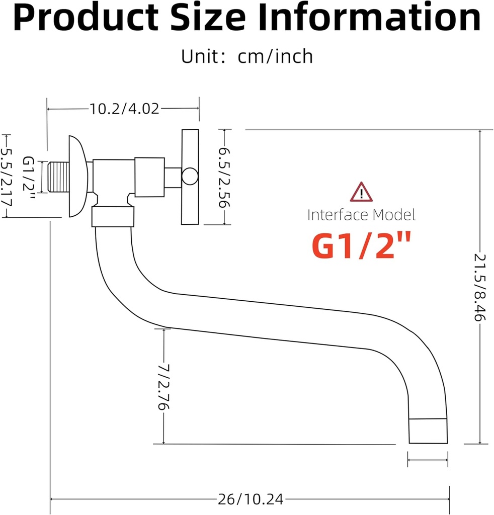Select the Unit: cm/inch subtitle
click(x=247, y=56)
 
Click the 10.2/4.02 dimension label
click(x=124, y=108)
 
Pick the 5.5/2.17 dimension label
click(x=7, y=176)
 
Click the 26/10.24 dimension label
click(x=251, y=499)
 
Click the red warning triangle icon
click(x=361, y=192)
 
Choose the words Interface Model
click(x=361, y=215)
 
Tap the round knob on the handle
click(x=190, y=176)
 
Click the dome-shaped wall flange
click(x=78, y=176)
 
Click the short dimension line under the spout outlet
click(x=428, y=459)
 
